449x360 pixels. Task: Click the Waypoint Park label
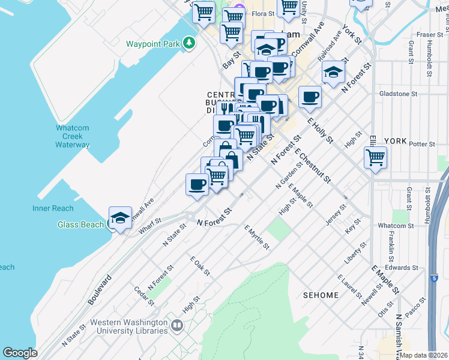tap(153, 44)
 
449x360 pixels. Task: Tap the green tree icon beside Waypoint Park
tap(189, 43)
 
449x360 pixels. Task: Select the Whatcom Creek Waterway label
tap(73, 136)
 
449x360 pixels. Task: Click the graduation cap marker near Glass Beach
tap(120, 218)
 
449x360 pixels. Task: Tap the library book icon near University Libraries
tap(176, 326)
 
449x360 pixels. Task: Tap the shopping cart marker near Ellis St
tap(375, 158)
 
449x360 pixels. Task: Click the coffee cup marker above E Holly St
tap(310, 97)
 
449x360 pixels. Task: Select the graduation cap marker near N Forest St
tap(333, 73)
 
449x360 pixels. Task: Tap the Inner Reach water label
tap(53, 208)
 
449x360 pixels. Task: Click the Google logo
tap(20, 353)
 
